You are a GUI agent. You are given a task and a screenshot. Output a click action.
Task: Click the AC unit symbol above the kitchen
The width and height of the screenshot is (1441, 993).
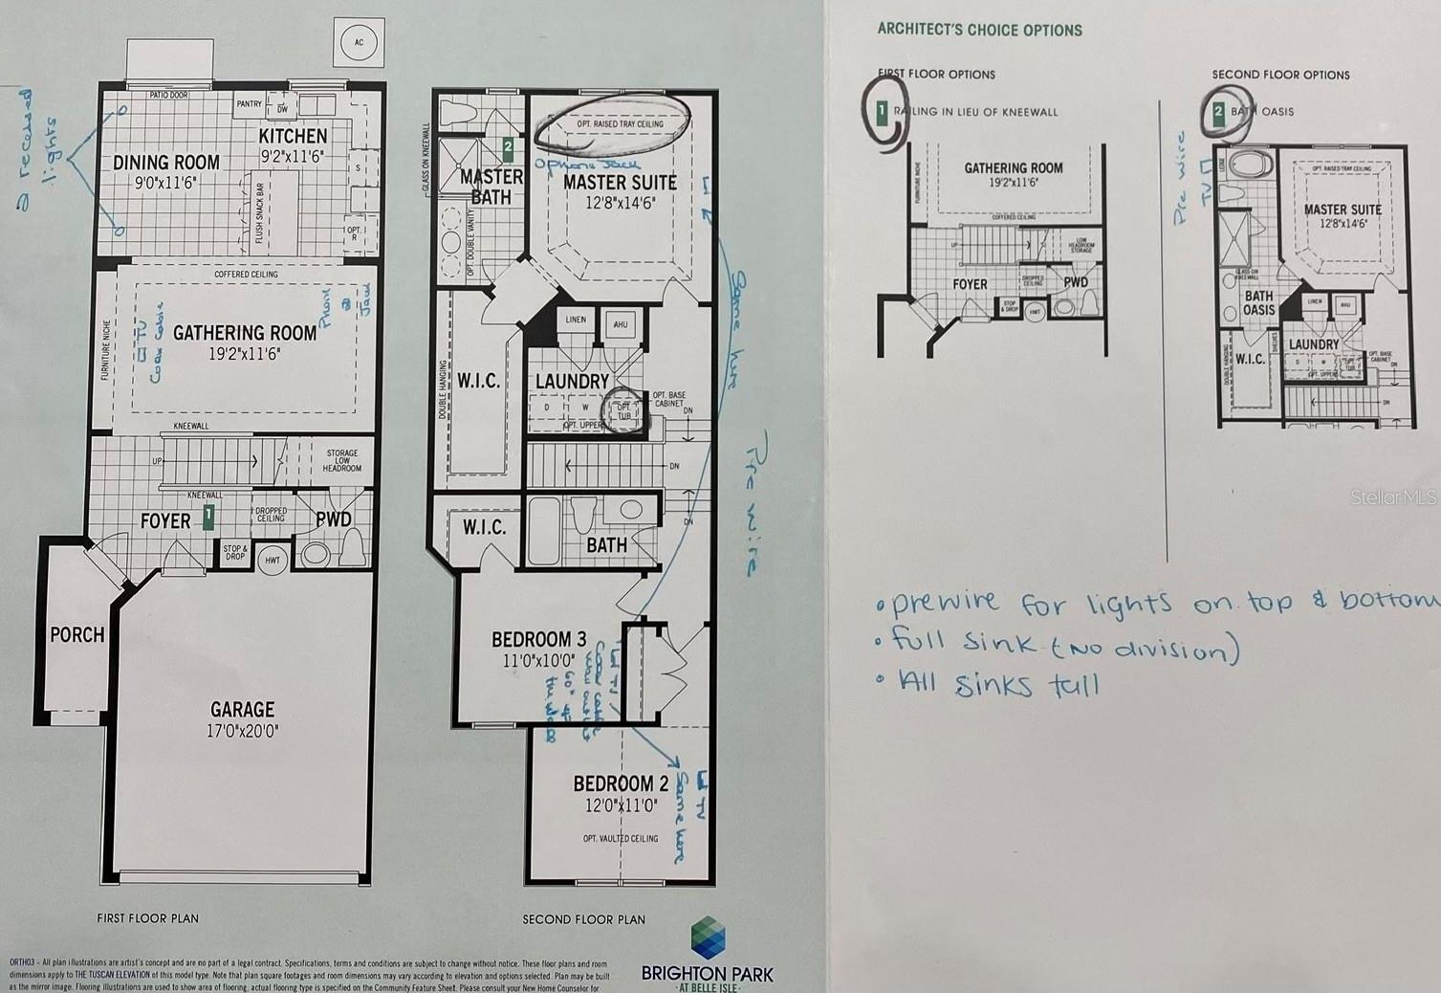pyautogui.click(x=359, y=43)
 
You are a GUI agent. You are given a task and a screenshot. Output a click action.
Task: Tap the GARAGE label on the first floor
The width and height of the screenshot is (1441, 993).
pyautogui.click(x=242, y=710)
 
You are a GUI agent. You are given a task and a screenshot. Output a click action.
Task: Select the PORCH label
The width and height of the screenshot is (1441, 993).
pyautogui.click(x=77, y=635)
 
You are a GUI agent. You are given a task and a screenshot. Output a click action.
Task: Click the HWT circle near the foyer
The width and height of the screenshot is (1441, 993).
pyautogui.click(x=273, y=560)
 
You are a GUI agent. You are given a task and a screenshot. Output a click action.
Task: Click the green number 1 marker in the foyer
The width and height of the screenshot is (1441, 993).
pyautogui.click(x=207, y=519)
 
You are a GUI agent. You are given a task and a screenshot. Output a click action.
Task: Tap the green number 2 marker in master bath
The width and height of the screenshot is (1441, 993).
pyautogui.click(x=509, y=148)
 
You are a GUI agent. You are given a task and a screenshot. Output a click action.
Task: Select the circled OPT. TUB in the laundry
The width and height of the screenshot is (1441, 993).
pyautogui.click(x=624, y=410)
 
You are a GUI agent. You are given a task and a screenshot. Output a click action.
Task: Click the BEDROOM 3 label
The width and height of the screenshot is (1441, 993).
pyautogui.click(x=538, y=639)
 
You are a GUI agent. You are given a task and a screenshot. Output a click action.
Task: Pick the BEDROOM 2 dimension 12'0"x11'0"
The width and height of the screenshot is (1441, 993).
pyautogui.click(x=621, y=806)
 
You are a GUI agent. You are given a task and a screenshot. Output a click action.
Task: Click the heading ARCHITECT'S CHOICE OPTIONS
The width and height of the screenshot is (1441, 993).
pyautogui.click(x=979, y=30)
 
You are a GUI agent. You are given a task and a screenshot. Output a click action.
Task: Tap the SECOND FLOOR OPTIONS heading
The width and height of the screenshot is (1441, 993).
pyautogui.click(x=1280, y=75)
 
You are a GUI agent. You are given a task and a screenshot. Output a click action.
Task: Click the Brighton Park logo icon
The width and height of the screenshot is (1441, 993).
pyautogui.click(x=708, y=938)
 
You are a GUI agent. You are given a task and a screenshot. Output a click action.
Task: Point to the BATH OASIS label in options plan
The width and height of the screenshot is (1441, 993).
pyautogui.click(x=1258, y=302)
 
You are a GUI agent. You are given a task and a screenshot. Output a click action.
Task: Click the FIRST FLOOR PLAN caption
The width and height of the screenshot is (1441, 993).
pyautogui.click(x=147, y=918)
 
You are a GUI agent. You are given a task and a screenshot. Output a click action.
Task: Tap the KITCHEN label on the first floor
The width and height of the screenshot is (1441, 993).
pyautogui.click(x=293, y=136)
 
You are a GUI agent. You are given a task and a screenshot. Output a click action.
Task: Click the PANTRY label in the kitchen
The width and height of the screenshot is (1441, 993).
pyautogui.click(x=249, y=104)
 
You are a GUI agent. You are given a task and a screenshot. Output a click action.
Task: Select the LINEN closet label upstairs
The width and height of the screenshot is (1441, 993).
pyautogui.click(x=576, y=320)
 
